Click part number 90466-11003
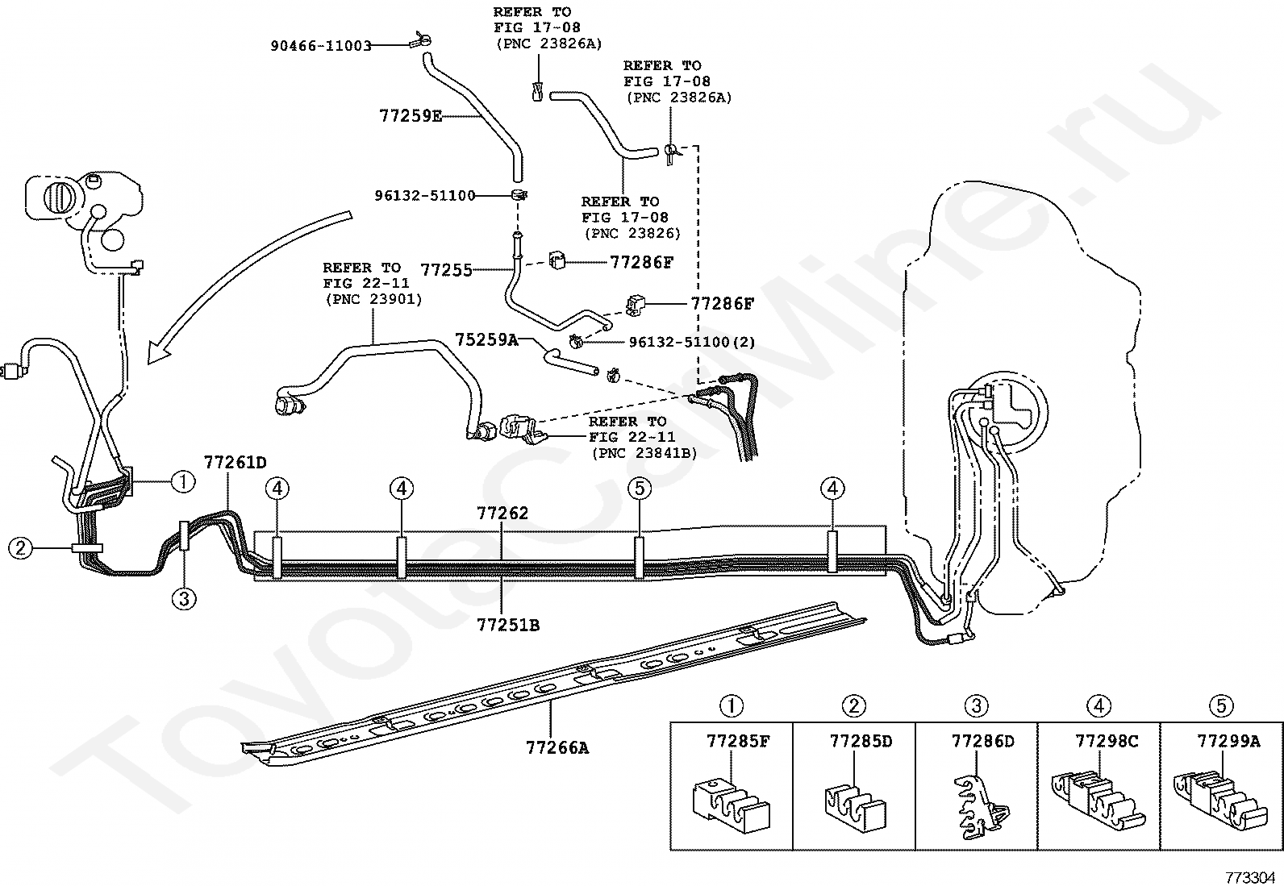coord(321,46)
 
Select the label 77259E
coord(411,116)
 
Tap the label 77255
coord(447,270)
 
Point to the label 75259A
coord(486,340)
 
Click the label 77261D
coord(236,462)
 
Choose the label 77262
coord(502,513)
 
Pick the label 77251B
coord(508,625)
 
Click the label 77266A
coord(557,747)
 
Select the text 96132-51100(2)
coord(692,342)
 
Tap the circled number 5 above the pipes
coord(640,489)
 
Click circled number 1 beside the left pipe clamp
coord(183,481)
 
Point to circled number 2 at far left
coord(20,548)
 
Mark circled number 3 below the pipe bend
coord(184,600)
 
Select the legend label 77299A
coord(1228,741)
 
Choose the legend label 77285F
coord(738,741)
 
